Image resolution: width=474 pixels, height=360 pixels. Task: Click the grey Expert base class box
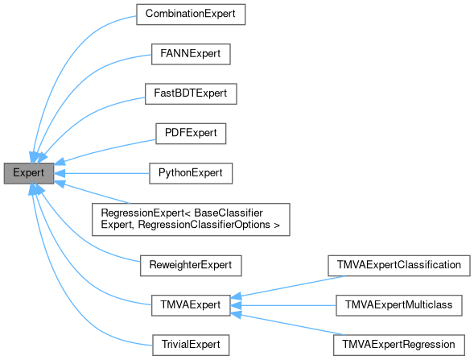tap(28, 173)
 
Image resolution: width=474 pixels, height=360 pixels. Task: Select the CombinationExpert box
tap(190, 14)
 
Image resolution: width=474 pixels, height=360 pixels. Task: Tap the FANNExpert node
tap(190, 55)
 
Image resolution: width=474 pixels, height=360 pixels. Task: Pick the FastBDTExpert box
tap(190, 94)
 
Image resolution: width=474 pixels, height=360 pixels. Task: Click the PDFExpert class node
tap(190, 134)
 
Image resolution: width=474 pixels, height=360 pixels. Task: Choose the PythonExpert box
tap(190, 173)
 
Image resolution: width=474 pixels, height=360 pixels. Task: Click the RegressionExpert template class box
tap(190, 219)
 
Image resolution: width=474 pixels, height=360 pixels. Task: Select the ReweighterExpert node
tap(190, 264)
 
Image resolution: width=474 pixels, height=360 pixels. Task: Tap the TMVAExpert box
tap(190, 304)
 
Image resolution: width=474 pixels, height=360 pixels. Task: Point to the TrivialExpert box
tap(190, 344)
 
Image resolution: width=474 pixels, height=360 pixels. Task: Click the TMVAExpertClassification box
tap(398, 264)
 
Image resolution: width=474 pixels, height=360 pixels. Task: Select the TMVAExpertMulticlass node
tap(398, 304)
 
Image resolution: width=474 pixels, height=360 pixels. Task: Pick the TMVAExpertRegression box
tap(398, 344)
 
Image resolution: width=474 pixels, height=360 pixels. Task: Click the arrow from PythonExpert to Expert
tap(105, 173)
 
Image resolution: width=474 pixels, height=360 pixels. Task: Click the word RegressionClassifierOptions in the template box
tap(209, 226)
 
